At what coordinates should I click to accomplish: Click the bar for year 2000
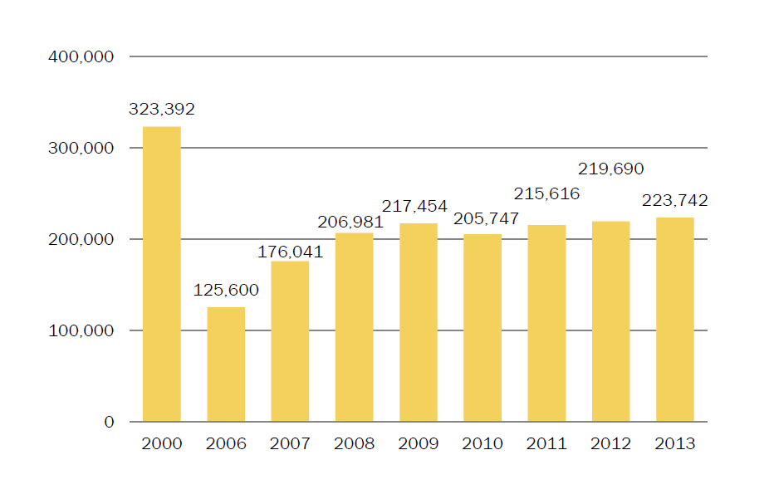click(x=162, y=274)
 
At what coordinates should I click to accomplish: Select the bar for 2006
click(x=226, y=364)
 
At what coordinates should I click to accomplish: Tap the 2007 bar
click(x=290, y=341)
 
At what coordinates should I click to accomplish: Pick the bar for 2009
click(x=418, y=322)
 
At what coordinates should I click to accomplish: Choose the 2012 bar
click(x=610, y=321)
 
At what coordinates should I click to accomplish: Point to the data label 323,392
click(x=162, y=109)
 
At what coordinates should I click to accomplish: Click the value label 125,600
click(x=226, y=291)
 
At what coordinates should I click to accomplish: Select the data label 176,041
click(x=290, y=252)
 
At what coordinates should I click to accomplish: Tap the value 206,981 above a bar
click(x=350, y=222)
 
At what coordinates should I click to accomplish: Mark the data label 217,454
click(x=414, y=206)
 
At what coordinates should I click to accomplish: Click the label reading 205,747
click(x=486, y=219)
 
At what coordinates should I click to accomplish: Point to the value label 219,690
click(x=610, y=169)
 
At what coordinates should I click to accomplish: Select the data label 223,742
click(x=675, y=200)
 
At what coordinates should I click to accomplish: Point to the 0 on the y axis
click(x=109, y=423)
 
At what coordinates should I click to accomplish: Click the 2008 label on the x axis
click(x=354, y=444)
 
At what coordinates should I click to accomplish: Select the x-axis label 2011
click(x=546, y=444)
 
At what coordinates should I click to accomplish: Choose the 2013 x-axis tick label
click(x=675, y=444)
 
